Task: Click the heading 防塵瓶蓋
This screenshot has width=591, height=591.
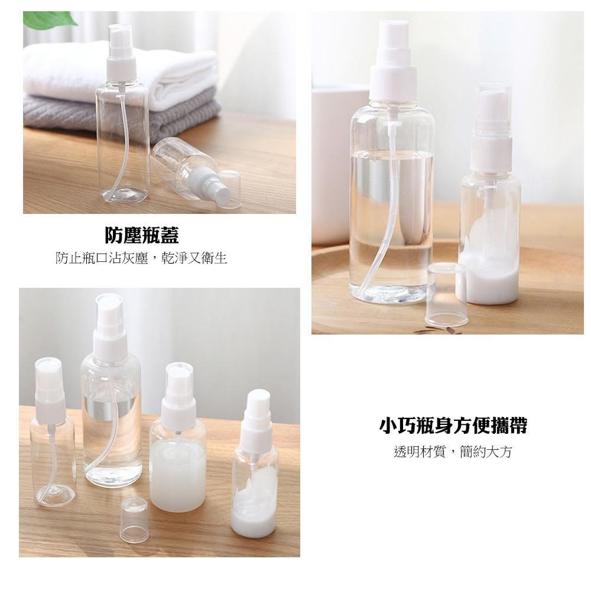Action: (x=142, y=236)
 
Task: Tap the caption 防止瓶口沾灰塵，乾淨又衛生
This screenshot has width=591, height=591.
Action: (x=142, y=258)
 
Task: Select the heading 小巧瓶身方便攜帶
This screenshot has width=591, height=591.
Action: (x=453, y=425)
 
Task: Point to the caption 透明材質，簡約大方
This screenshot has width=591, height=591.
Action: (x=453, y=452)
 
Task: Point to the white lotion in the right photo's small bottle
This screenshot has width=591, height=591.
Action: (x=488, y=275)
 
